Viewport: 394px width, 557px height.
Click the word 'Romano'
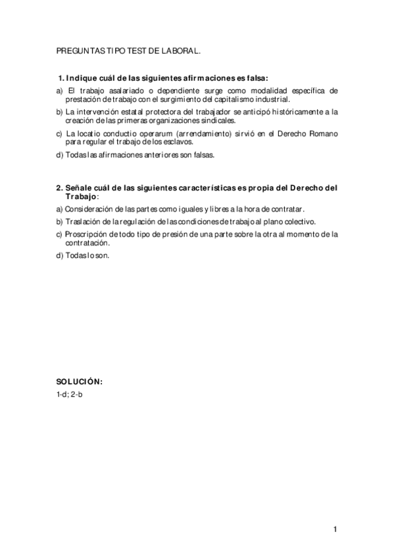point(322,134)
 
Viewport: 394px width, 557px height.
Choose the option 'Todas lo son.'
point(83,256)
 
